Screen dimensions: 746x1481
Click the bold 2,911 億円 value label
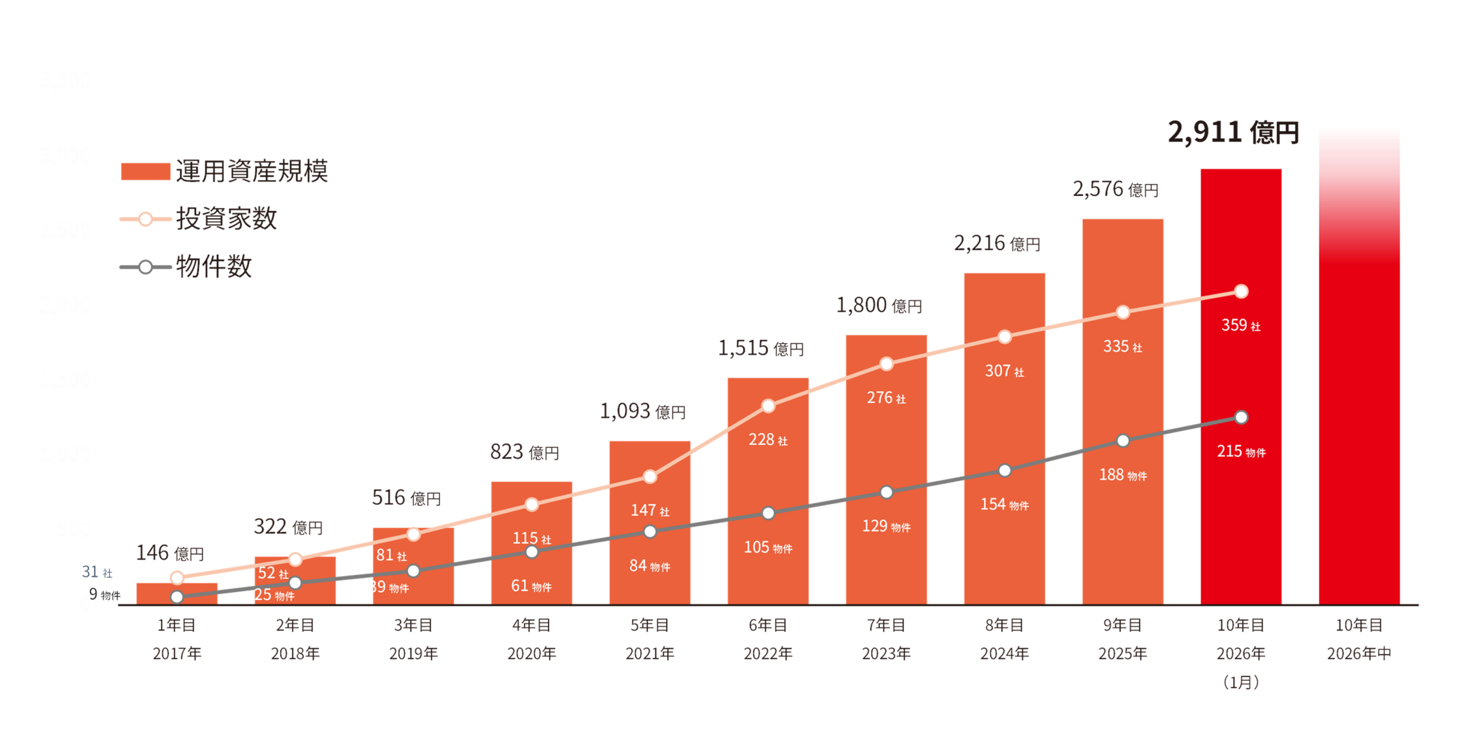1233,132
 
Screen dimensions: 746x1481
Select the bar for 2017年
177,594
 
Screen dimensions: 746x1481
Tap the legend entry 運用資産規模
224,171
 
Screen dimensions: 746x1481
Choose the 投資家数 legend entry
199,219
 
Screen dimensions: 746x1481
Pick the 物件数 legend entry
186,267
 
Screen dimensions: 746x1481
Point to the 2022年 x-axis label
767,654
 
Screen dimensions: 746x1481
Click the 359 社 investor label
1241,326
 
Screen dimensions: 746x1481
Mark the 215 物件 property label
1241,452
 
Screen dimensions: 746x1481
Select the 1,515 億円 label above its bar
760,348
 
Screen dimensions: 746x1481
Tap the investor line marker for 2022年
768,406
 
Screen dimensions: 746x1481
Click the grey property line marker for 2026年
1241,417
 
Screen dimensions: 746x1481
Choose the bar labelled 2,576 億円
1122,411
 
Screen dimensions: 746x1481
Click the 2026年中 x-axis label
1359,654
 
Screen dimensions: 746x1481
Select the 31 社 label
97,572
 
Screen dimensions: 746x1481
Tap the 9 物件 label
104,594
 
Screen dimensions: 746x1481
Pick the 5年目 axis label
650,625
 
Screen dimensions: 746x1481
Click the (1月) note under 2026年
1241,682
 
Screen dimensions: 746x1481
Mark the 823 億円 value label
524,452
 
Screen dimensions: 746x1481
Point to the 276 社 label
886,398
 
